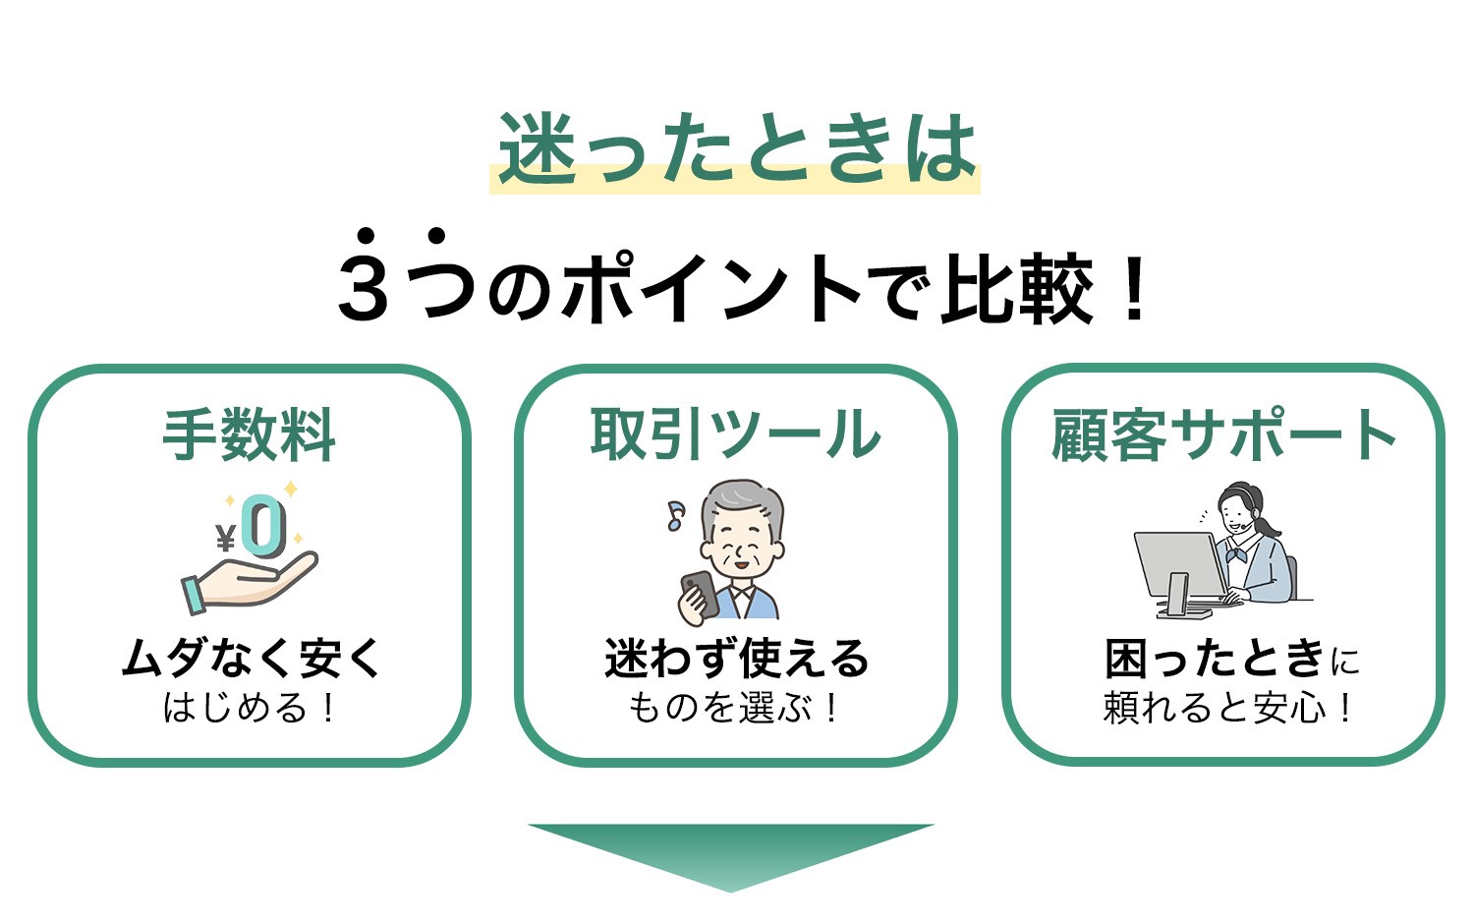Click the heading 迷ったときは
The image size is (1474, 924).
coord(736,147)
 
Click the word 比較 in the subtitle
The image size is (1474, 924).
coord(1016,288)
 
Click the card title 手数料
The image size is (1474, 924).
coord(249,434)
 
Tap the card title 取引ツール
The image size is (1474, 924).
coord(735,433)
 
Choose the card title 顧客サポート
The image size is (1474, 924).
coord(1223,433)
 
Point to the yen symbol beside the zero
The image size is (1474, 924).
coord(226,538)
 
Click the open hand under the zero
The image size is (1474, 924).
coord(250,582)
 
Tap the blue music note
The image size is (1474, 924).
coord(675,515)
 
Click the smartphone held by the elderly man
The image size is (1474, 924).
coord(700,593)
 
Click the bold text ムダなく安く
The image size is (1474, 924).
coord(252,658)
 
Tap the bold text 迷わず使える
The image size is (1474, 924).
coord(736,658)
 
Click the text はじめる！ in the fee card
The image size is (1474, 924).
coord(250,708)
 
